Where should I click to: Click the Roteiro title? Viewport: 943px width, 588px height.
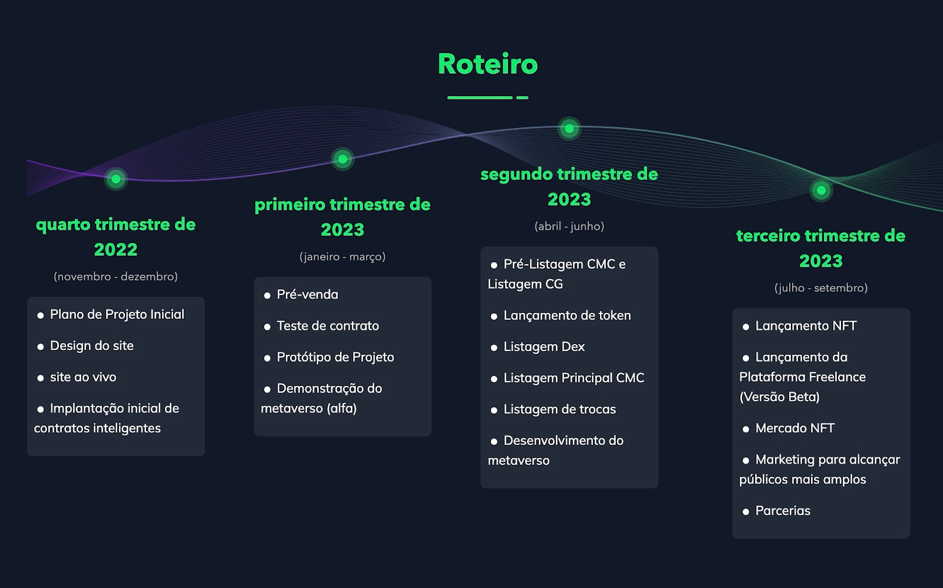(x=487, y=64)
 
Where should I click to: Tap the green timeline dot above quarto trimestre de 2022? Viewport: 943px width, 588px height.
(x=116, y=179)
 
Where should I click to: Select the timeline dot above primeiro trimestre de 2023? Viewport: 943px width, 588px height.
(x=342, y=159)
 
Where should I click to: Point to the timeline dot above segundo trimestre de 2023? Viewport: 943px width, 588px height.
(x=569, y=128)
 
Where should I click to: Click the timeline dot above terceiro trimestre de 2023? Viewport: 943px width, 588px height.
(x=821, y=191)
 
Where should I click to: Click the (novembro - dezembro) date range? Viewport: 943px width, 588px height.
(x=116, y=276)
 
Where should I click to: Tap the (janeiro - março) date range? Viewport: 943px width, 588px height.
(x=342, y=257)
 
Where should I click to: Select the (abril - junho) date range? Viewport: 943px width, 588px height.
(x=569, y=226)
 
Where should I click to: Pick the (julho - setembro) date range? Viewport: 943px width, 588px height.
(x=821, y=288)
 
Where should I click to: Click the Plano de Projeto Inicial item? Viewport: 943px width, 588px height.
(x=117, y=315)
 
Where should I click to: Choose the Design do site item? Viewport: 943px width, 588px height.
(x=92, y=346)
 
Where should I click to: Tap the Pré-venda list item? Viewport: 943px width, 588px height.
(x=307, y=295)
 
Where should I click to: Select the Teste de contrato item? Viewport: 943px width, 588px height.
(x=328, y=326)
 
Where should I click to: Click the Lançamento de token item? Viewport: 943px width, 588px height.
(x=567, y=315)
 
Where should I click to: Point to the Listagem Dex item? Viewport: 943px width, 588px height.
(x=544, y=346)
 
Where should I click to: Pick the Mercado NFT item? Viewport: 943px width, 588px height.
(x=795, y=428)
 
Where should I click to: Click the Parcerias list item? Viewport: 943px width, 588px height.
(x=783, y=511)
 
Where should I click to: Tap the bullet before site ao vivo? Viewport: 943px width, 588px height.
(x=41, y=378)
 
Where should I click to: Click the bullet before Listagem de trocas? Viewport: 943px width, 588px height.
(x=494, y=411)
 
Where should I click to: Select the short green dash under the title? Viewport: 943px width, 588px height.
(x=522, y=98)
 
